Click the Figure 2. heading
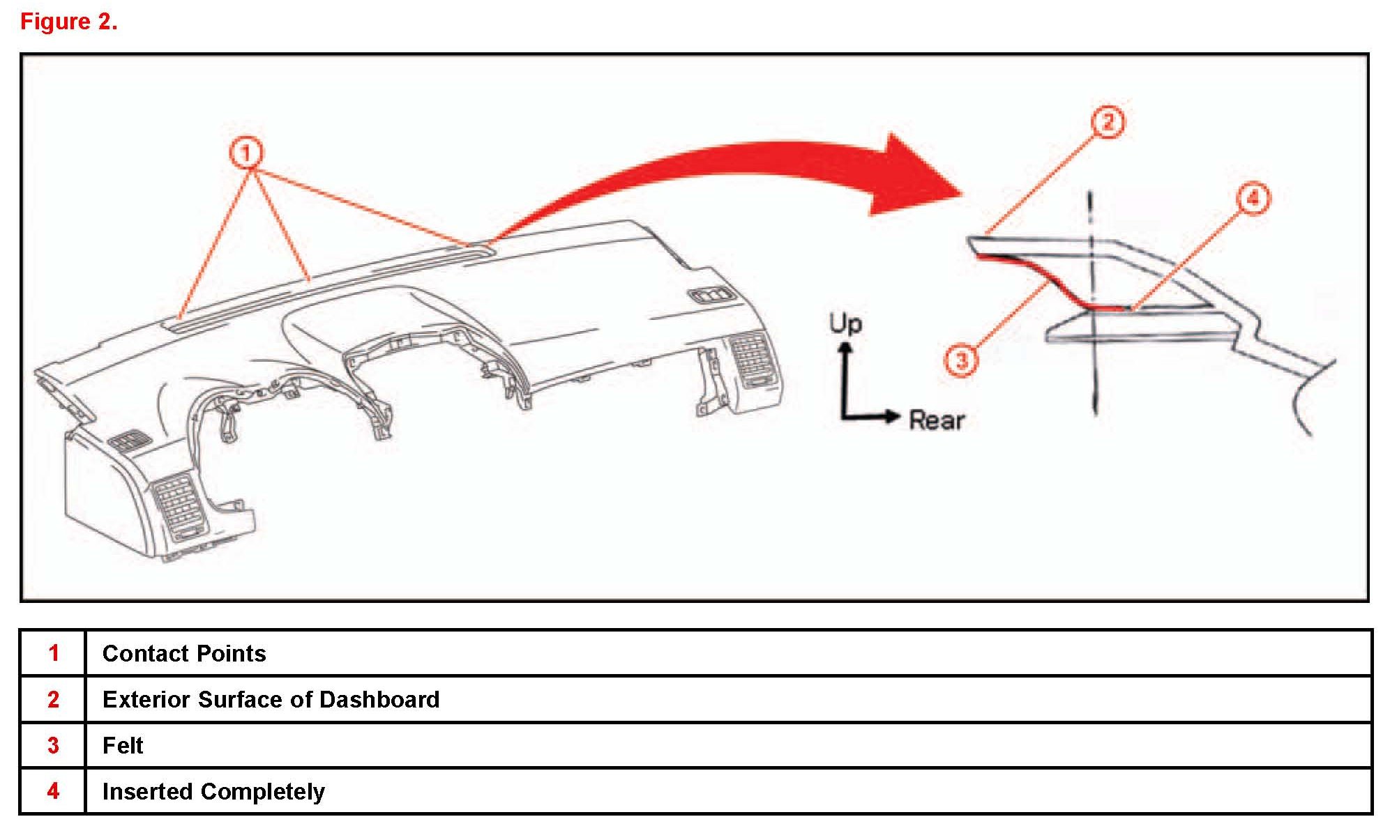68,22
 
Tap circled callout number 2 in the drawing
1108,122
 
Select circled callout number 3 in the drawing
962,360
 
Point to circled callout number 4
1253,199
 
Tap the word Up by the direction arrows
845,324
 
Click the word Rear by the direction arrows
936,420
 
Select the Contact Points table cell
184,653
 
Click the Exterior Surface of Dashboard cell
271,699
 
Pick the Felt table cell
123,745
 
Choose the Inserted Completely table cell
213,791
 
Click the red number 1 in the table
54,653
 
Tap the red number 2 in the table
54,699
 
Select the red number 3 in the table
54,745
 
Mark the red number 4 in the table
54,791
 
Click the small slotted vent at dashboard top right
711,296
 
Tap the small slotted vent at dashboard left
130,441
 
